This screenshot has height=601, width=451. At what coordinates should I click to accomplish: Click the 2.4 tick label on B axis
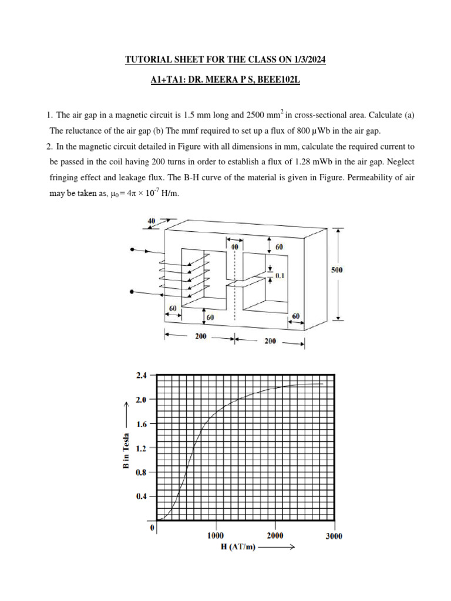pos(142,374)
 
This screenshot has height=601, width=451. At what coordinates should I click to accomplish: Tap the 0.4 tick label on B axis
pos(142,497)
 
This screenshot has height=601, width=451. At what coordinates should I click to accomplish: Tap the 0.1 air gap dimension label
pos(279,275)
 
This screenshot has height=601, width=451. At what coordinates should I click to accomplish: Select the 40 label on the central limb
pos(235,248)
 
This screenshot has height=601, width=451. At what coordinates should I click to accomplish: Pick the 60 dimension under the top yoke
pos(279,247)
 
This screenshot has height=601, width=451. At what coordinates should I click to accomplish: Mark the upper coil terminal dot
pos(133,250)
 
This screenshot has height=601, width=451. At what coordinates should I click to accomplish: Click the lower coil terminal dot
pos(133,292)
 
